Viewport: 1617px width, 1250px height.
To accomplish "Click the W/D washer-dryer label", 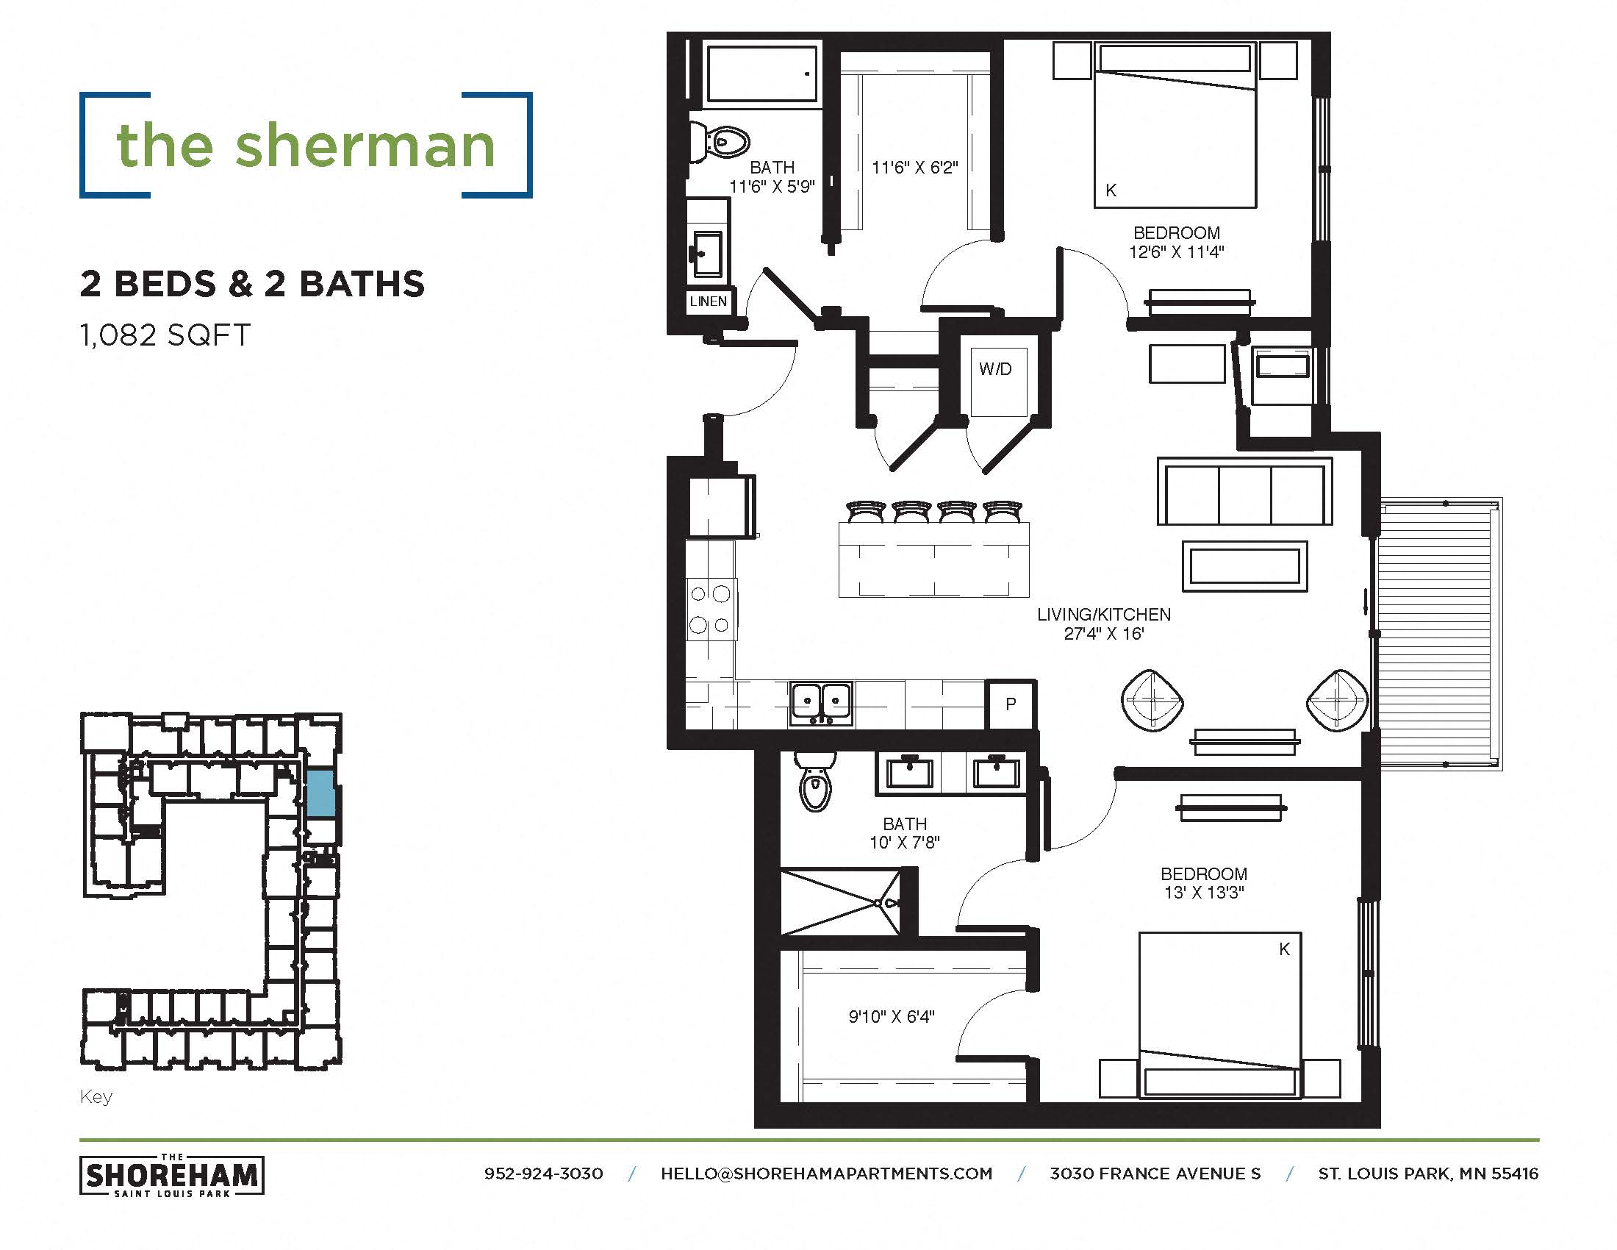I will click(x=994, y=369).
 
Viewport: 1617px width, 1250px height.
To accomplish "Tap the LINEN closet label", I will click(x=708, y=301).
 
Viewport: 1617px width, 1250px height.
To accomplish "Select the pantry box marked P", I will click(x=1011, y=704).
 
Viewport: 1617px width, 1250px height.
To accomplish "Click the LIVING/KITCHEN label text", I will click(x=1103, y=614).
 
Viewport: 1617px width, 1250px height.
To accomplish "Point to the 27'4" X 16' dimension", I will click(x=1103, y=634).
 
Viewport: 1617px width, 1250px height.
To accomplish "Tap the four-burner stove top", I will click(x=710, y=610).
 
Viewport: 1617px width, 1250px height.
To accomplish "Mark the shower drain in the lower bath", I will click(x=879, y=904).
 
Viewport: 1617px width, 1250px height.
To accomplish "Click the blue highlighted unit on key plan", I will click(x=320, y=793).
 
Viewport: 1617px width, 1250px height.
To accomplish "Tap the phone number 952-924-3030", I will click(x=543, y=1174).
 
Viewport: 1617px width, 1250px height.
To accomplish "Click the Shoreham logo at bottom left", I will click(x=171, y=1175).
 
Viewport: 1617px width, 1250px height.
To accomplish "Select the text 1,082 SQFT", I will click(x=165, y=335).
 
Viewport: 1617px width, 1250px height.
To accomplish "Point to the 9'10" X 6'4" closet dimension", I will click(x=891, y=1017).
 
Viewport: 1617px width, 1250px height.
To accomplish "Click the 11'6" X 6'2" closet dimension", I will click(x=914, y=168).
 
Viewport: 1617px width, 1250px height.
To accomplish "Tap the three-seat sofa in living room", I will click(x=1244, y=493).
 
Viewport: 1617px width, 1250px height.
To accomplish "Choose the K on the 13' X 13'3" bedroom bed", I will click(x=1284, y=949).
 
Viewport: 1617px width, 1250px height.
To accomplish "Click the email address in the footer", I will click(x=826, y=1174).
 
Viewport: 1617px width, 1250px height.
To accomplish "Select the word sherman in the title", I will click(x=365, y=146).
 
